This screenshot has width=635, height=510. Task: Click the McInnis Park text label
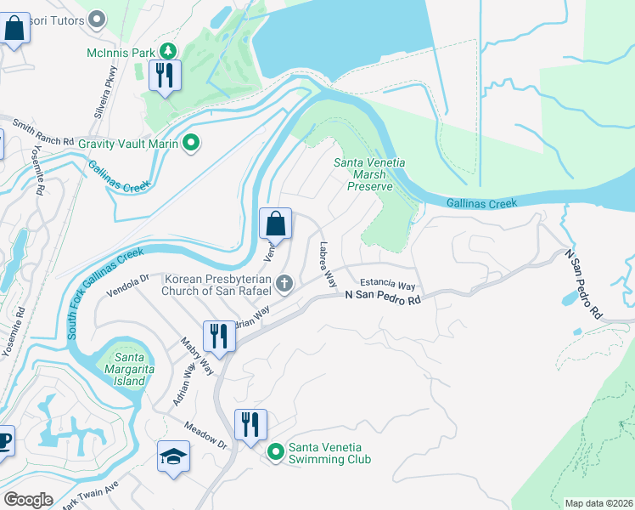[x=121, y=53]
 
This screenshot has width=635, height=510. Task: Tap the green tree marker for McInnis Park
[x=168, y=53]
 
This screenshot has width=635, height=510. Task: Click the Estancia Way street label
[x=387, y=285]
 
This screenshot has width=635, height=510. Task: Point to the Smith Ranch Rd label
[x=43, y=133]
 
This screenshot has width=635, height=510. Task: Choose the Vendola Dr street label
[x=127, y=284]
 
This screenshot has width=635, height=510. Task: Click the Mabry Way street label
[x=196, y=354]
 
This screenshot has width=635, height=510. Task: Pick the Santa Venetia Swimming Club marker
[x=275, y=452]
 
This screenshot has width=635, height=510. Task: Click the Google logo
[x=28, y=500]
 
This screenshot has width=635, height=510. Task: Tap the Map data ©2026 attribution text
[x=599, y=503]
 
